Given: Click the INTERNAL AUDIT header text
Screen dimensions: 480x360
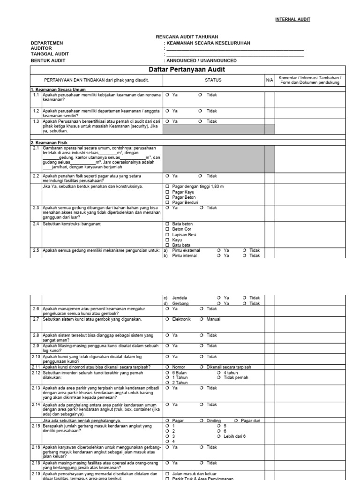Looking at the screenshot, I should (x=292, y=19).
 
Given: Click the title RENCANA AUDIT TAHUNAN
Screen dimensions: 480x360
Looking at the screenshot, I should (x=187, y=37).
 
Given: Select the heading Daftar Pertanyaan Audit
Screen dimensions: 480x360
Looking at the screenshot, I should (x=193, y=69).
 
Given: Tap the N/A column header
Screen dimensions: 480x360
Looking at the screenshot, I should (x=269, y=80).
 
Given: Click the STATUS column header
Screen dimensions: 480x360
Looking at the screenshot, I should (x=213, y=80).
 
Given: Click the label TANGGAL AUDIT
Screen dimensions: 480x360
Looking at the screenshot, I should (x=50, y=54).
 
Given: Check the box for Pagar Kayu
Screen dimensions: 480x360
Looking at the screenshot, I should (x=167, y=192).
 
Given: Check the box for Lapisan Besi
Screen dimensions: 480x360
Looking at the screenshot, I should (x=167, y=234).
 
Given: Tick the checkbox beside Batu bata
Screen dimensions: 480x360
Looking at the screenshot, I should (x=167, y=245).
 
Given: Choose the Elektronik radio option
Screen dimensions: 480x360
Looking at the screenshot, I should (x=167, y=319).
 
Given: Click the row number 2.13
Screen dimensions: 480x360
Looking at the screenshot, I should (x=36, y=388).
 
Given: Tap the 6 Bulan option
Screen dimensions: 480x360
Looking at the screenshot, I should (x=167, y=372).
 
